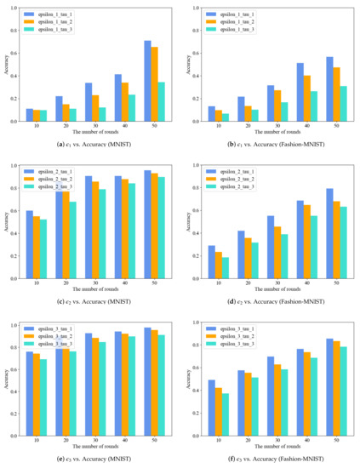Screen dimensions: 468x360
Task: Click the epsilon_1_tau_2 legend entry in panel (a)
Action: tap(54, 22)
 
